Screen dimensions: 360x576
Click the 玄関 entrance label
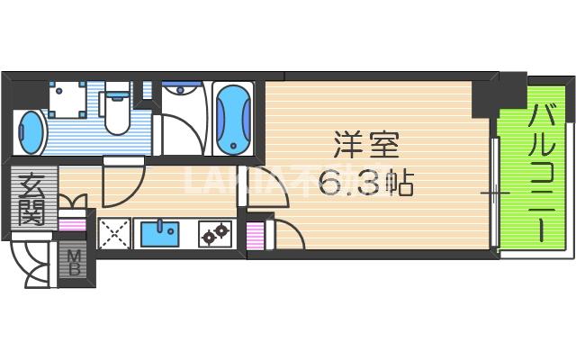point(33,200)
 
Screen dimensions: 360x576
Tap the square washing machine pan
point(68,101)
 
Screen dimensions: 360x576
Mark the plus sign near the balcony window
point(492,193)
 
